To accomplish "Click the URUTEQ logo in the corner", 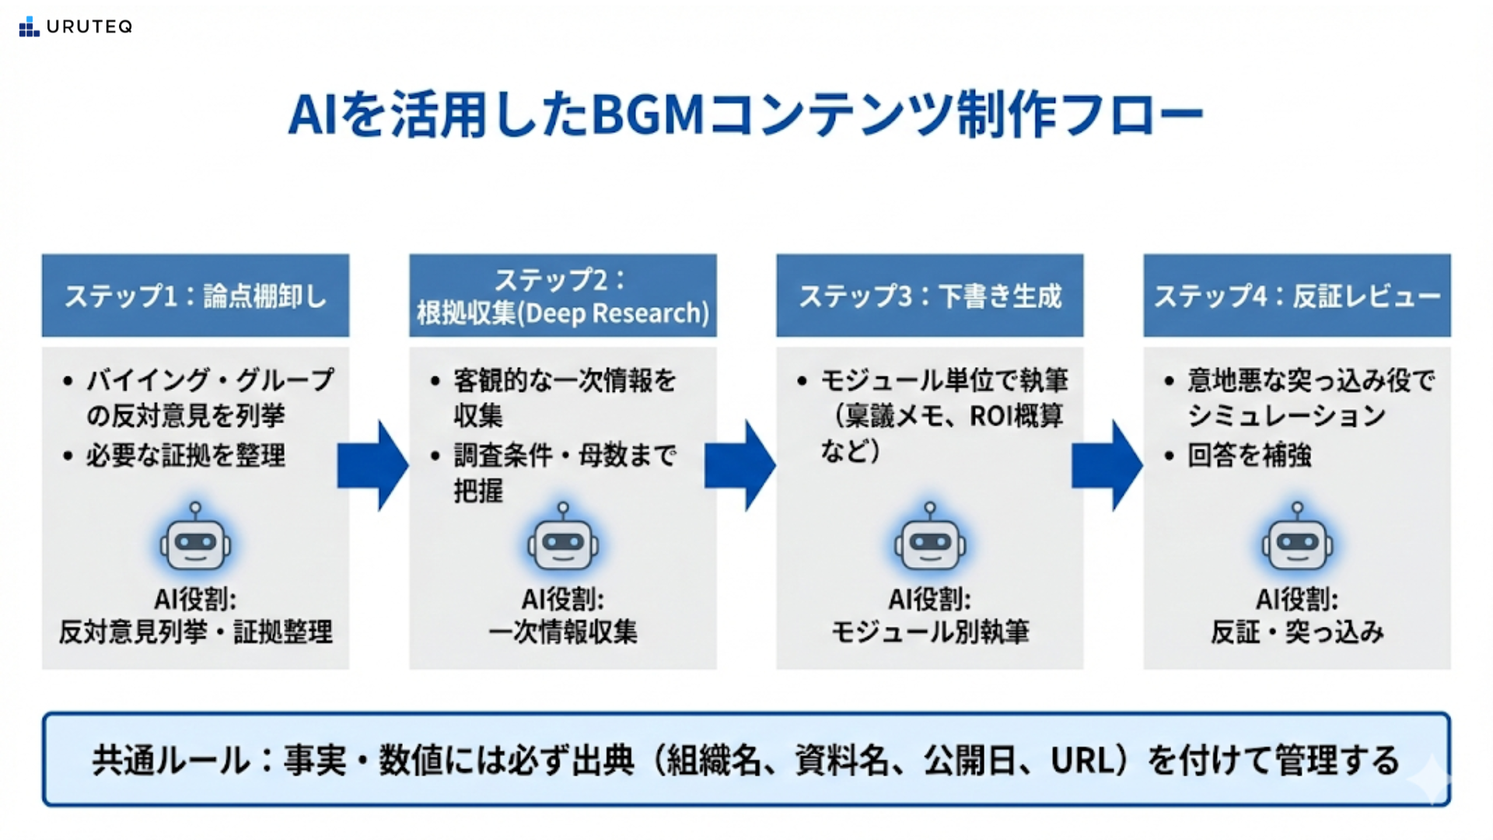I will tap(75, 26).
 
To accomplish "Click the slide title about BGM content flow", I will tap(745, 115).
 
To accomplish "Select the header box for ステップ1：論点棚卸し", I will tap(195, 296).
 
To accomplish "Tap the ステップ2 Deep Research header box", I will tap(562, 296).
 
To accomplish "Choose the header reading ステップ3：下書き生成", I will tap(929, 296).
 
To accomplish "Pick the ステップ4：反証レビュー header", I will tap(1296, 296).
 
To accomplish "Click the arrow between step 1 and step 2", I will tap(373, 465).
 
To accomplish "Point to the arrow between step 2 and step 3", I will tap(740, 465).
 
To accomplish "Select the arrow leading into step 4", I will tap(1107, 465).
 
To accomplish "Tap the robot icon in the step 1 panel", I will tap(195, 539).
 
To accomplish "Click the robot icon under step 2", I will tap(562, 539).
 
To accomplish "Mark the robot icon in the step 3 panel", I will tap(929, 539).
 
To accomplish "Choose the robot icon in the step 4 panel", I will tap(1296, 539).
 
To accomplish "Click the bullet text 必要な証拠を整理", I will tap(186, 455).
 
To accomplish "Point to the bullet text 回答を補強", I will tap(1249, 455).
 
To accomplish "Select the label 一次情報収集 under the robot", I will tap(562, 632).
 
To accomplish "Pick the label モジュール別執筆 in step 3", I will tap(929, 632).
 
